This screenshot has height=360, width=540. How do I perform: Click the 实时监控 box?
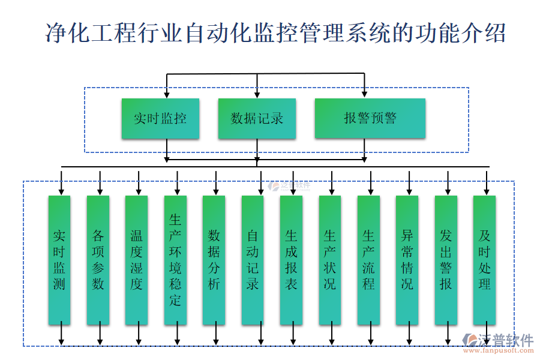[x=160, y=119]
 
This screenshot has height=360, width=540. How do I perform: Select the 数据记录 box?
[x=257, y=119]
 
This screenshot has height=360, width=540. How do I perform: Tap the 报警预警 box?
[x=370, y=119]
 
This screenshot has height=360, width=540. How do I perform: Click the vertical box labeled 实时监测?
[x=59, y=260]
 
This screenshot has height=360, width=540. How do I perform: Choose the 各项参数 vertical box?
[x=98, y=260]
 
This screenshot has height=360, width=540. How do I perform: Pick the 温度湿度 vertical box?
[x=137, y=260]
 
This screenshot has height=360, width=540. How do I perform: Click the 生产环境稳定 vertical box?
[x=175, y=260]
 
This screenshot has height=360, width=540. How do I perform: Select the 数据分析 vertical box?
[x=214, y=260]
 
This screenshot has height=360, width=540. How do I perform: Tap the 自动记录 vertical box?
[x=253, y=260]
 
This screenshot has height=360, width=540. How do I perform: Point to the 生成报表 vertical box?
[x=291, y=260]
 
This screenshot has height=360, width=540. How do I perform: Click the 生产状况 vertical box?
[x=330, y=260]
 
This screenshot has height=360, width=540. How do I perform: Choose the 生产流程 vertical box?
[x=368, y=260]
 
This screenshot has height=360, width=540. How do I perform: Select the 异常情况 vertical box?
[x=407, y=260]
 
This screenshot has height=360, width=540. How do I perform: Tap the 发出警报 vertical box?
[x=446, y=260]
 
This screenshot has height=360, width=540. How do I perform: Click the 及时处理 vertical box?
[x=484, y=260]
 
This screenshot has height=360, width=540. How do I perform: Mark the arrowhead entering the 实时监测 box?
[x=61, y=191]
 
